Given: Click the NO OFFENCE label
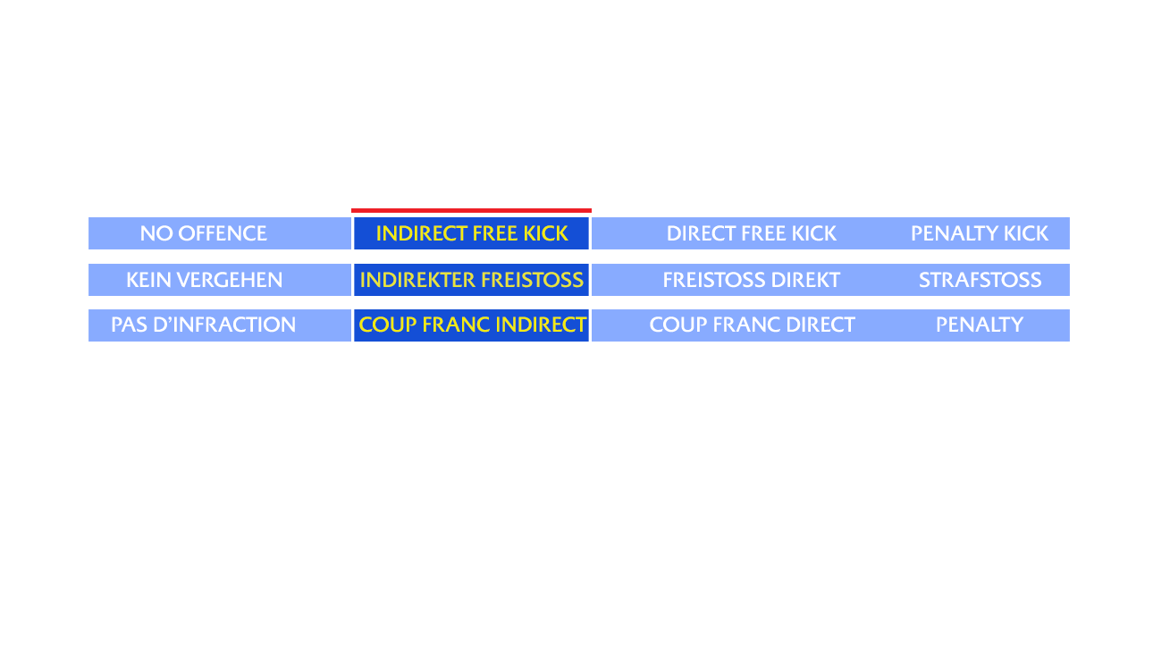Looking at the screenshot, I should (x=203, y=233).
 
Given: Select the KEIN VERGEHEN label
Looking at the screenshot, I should (x=204, y=280).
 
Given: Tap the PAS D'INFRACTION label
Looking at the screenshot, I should (x=203, y=325).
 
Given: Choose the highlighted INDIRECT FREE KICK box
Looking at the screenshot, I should (x=471, y=233).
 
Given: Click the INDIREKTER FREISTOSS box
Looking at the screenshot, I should (x=471, y=280).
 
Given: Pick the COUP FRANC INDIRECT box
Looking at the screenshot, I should (x=471, y=325).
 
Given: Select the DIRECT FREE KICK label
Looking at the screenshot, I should (x=751, y=233).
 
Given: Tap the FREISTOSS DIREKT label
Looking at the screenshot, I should (x=751, y=280).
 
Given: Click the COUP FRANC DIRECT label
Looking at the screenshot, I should (x=752, y=325).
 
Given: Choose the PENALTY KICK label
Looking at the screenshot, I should (x=979, y=233).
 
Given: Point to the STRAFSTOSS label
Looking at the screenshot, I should (x=980, y=280).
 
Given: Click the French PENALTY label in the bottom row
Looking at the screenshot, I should (x=979, y=325).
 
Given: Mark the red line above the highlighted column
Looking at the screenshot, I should (x=471, y=211).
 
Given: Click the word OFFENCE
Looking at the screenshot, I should (x=223, y=233).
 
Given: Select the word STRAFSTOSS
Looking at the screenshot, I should (x=980, y=280).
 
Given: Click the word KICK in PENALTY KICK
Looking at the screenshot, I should (x=1025, y=233).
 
